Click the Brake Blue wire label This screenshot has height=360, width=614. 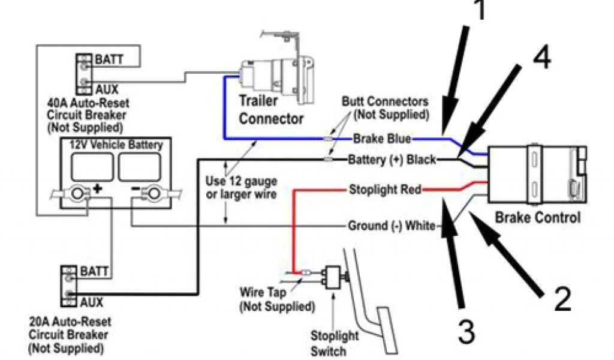click(381, 139)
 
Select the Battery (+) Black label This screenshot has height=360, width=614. click(392, 160)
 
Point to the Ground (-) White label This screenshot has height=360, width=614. click(393, 226)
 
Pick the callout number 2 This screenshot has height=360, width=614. click(562, 298)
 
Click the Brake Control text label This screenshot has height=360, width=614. click(537, 218)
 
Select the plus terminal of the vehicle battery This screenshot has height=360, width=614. click(79, 193)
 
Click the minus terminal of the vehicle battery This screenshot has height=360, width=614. click(153, 193)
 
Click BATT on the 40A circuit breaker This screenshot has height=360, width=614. click(109, 59)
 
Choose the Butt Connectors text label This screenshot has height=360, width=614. click(385, 107)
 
